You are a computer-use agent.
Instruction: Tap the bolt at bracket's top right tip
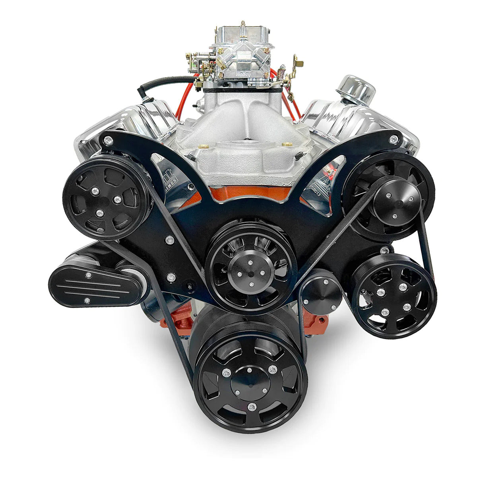393,139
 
